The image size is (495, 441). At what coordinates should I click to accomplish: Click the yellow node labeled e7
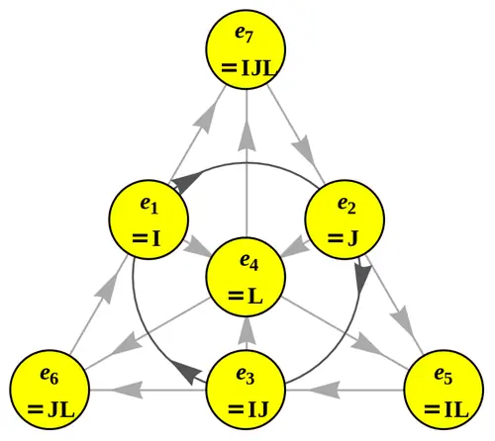click(247, 49)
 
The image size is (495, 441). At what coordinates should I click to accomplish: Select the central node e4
click(247, 277)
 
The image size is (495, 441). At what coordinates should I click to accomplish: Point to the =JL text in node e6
click(50, 407)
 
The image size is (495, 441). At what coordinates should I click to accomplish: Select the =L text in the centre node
click(247, 296)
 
